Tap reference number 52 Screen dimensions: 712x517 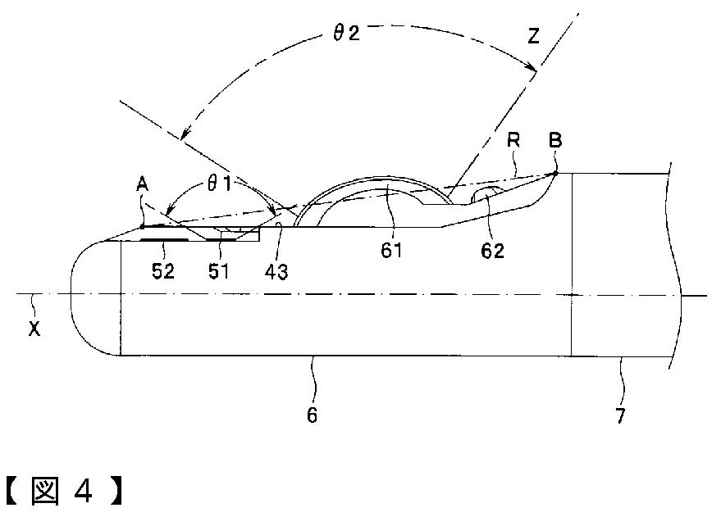(x=164, y=271)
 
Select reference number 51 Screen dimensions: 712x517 (x=218, y=271)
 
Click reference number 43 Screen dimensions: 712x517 (x=276, y=271)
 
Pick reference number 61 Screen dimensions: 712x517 (x=391, y=249)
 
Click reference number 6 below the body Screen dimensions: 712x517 (x=312, y=415)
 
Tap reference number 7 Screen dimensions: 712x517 (x=620, y=415)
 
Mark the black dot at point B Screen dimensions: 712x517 (x=555, y=173)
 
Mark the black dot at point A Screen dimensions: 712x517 (x=142, y=227)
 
